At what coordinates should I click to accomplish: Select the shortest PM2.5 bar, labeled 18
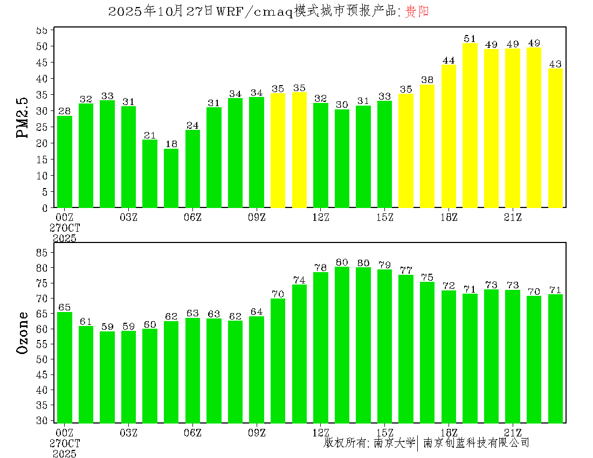coord(171,178)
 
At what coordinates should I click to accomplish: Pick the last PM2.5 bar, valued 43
coord(555,138)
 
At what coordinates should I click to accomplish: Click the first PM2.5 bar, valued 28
coord(65,162)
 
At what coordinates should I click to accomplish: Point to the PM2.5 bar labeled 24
coord(192,169)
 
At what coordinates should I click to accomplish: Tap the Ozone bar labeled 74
coord(299,353)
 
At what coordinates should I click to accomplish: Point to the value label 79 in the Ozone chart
coord(384,265)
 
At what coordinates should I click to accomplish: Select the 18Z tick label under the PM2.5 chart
coord(449,217)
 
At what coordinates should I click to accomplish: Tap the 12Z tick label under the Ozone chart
coord(321,433)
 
